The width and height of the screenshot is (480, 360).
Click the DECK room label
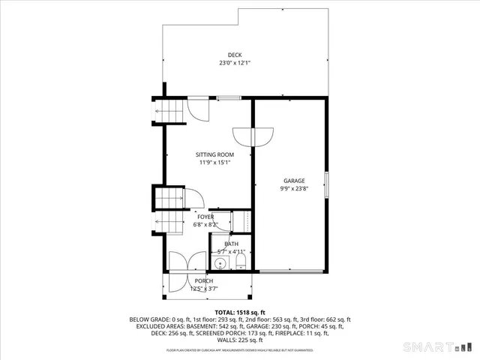pyautogui.click(x=235, y=55)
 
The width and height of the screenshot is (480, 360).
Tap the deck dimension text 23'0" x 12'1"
pyautogui.click(x=235, y=64)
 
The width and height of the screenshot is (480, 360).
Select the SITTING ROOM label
pyautogui.click(x=215, y=154)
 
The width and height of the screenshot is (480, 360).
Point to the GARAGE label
pyautogui.click(x=294, y=181)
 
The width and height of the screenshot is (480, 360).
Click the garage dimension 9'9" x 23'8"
pyautogui.click(x=294, y=189)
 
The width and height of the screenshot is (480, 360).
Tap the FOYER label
pyautogui.click(x=205, y=217)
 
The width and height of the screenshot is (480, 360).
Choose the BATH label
pyautogui.click(x=231, y=244)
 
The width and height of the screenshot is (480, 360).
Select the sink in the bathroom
pyautogui.click(x=220, y=262)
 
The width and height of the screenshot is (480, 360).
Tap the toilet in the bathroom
pyautogui.click(x=241, y=262)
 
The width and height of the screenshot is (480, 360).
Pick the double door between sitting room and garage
pyautogui.click(x=253, y=136)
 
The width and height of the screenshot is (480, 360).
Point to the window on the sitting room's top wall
pyautogui.click(x=229, y=98)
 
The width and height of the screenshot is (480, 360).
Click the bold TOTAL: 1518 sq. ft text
pyautogui.click(x=240, y=311)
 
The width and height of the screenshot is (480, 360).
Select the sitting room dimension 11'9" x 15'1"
pyautogui.click(x=215, y=163)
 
